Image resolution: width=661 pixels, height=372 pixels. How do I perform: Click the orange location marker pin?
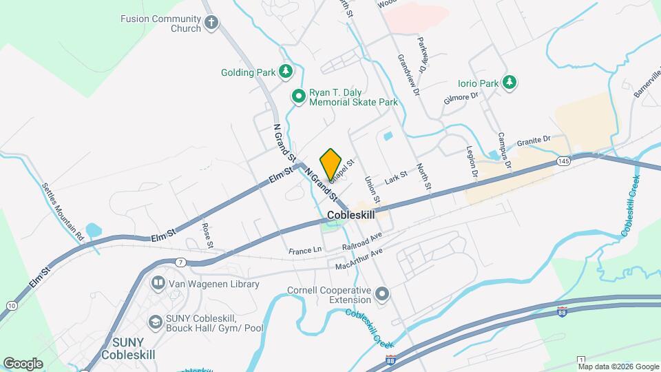(x=330, y=164)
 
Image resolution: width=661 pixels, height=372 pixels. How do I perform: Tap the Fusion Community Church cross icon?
(x=211, y=23)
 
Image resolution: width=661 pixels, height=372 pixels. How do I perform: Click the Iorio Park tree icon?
(x=509, y=83)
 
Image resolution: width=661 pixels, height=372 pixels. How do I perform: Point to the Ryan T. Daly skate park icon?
(x=298, y=96)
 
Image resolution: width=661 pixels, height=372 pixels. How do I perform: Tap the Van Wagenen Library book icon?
(x=158, y=284)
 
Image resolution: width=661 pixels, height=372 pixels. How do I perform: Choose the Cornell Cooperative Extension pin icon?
(x=383, y=296)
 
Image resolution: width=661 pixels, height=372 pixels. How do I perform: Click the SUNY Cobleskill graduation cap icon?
(x=156, y=322)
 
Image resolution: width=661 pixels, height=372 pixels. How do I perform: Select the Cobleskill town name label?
(x=352, y=215)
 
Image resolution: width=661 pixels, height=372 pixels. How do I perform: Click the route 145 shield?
(x=563, y=161)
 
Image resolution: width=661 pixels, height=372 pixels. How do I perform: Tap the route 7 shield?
(x=180, y=262)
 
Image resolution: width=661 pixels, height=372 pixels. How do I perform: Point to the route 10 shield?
(x=12, y=304)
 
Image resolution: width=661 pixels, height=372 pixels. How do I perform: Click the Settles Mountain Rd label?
(x=63, y=211)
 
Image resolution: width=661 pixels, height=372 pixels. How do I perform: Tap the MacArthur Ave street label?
(x=358, y=260)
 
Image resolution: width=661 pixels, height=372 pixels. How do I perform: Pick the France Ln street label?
(x=305, y=251)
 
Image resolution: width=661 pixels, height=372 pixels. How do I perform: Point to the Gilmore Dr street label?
(x=461, y=101)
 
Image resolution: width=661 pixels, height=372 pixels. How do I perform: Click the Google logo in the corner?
(x=23, y=364)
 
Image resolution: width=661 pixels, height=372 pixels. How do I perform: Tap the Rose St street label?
(x=207, y=234)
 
